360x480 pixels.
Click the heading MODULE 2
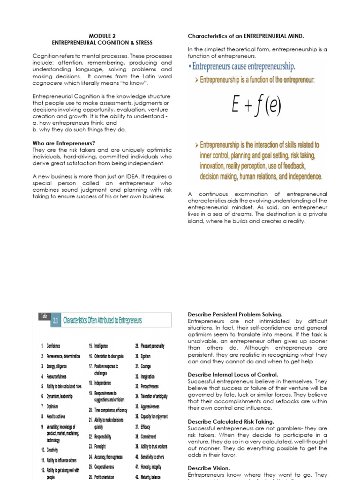click(102, 36)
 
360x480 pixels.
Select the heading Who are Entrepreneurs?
click(64, 143)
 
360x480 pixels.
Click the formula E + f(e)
click(256, 106)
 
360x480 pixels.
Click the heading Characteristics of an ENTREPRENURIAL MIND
click(246, 36)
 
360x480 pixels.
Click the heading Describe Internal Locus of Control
click(233, 375)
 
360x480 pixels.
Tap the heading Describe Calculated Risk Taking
click(231, 422)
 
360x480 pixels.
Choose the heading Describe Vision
click(209, 468)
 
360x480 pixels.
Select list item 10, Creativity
click(52, 450)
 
